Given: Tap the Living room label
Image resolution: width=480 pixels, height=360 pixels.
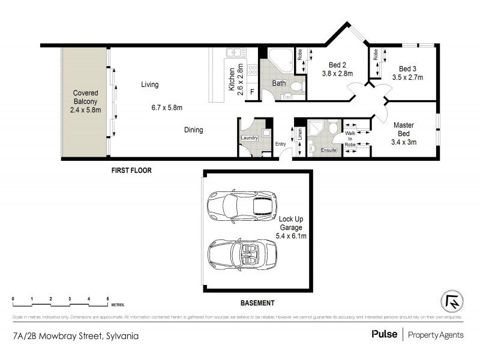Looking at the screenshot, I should coord(150,85).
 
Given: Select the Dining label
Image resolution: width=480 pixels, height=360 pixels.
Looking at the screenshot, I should coord(193,130).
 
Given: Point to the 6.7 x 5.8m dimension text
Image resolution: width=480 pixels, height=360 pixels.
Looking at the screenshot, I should coord(166,108).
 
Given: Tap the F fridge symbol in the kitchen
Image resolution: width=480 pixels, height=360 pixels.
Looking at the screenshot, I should coord(252,92).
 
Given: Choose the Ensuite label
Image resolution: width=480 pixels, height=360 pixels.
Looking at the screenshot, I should coord(328,150).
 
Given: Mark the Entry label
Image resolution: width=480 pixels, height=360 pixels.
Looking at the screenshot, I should coord(281,144).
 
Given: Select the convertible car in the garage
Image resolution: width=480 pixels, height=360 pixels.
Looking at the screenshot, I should coord(242,256).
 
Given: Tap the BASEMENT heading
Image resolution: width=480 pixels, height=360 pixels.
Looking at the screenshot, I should coord(257,303).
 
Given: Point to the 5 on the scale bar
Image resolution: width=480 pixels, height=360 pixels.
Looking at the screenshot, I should coord(107,298).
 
